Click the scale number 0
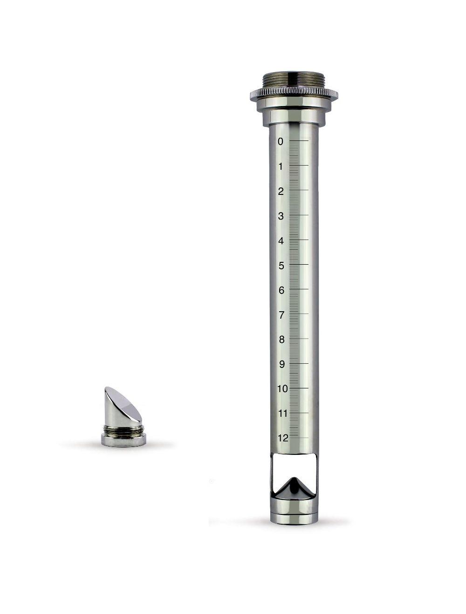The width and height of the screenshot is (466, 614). pyautogui.click(x=280, y=142)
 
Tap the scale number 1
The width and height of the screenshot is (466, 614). pyautogui.click(x=281, y=167)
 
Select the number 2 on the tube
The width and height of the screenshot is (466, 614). pyautogui.click(x=281, y=191)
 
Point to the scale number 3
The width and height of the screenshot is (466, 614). pyautogui.click(x=281, y=216)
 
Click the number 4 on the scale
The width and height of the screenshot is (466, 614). pyautogui.click(x=281, y=241)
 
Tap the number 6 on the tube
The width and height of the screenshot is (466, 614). pyautogui.click(x=281, y=290)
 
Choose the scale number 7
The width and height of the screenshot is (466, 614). pyautogui.click(x=281, y=315)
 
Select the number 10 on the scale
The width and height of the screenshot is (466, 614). pyautogui.click(x=282, y=389)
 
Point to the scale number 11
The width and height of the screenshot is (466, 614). pyautogui.click(x=282, y=414)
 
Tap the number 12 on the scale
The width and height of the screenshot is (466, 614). pyautogui.click(x=282, y=438)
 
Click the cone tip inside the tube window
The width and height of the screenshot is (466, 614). pyautogui.click(x=294, y=479)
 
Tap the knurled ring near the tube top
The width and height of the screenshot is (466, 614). pyautogui.click(x=294, y=95)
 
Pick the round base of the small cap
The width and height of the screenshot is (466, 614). pyautogui.click(x=123, y=439)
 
